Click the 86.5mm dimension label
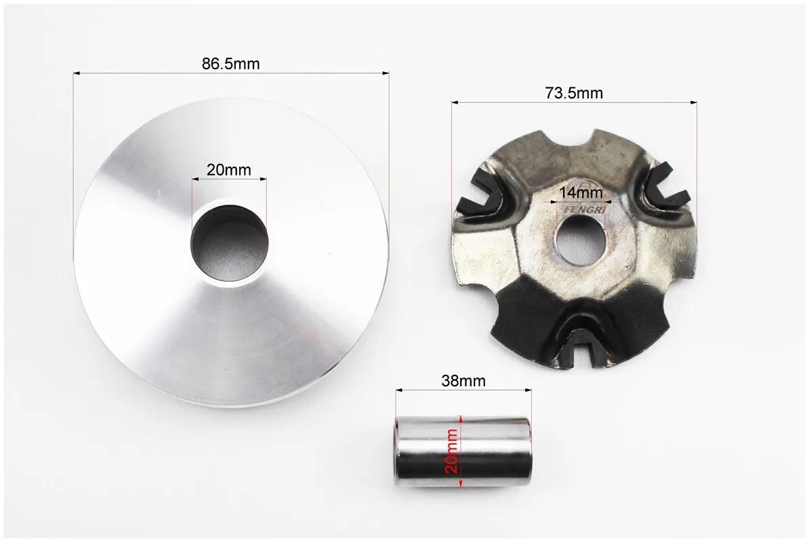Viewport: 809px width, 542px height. click(230, 64)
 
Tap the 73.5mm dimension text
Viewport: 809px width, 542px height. click(574, 93)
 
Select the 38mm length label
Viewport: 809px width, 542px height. click(463, 381)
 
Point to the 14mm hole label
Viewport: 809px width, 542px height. click(581, 192)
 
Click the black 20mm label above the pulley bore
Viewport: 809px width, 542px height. click(228, 169)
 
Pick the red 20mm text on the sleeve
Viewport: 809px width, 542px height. click(451, 451)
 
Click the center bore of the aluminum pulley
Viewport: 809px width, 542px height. click(230, 243)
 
